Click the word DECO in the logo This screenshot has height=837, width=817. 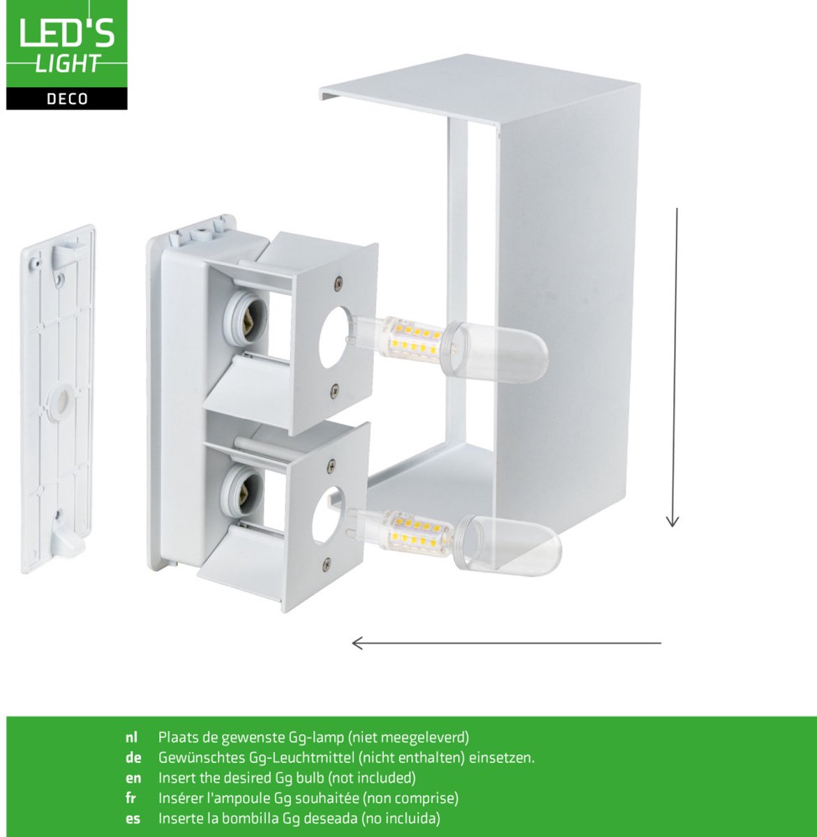pos(67,99)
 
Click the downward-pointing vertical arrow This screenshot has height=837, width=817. pos(674,368)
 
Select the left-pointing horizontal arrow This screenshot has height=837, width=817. pos(507,643)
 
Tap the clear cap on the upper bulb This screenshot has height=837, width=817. pos(495,352)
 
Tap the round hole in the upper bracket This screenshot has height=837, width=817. pos(334,338)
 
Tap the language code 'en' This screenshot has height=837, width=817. pos(133,778)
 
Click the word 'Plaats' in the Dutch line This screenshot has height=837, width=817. pos(178,737)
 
